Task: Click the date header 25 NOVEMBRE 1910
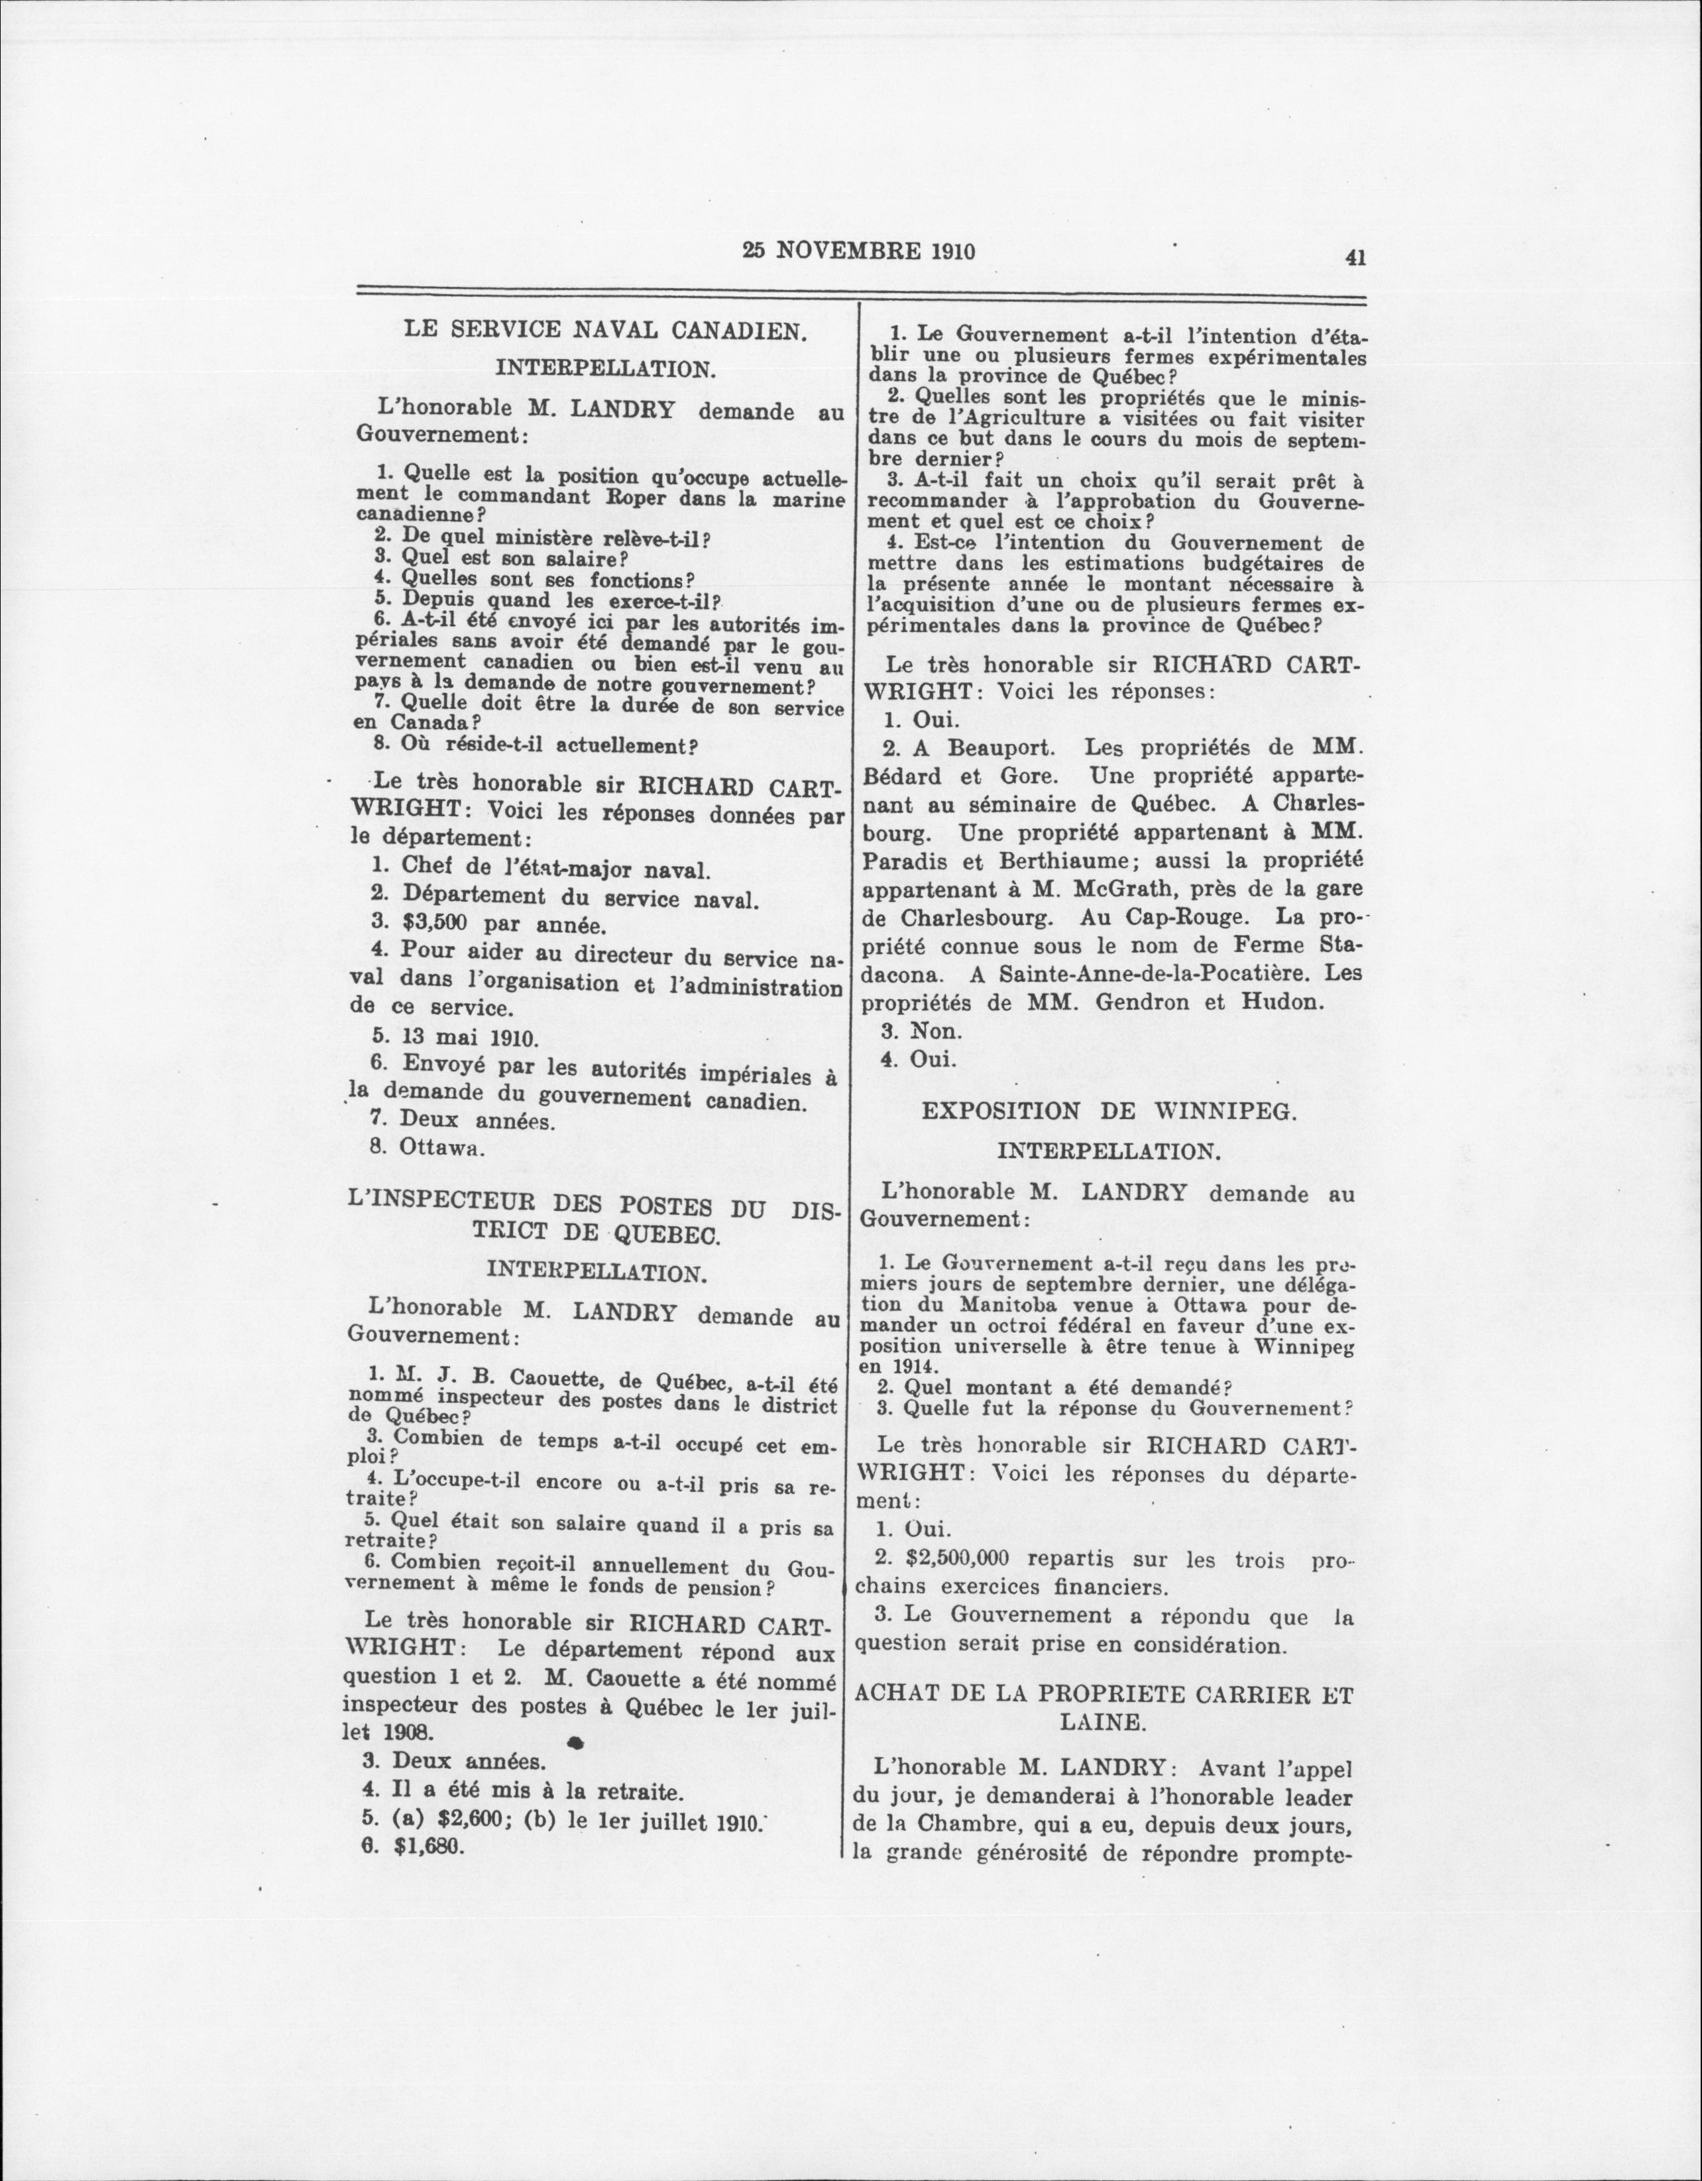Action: [x=859, y=250]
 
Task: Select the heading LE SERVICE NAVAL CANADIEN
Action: [x=604, y=331]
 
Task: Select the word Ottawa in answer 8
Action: [x=441, y=1147]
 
